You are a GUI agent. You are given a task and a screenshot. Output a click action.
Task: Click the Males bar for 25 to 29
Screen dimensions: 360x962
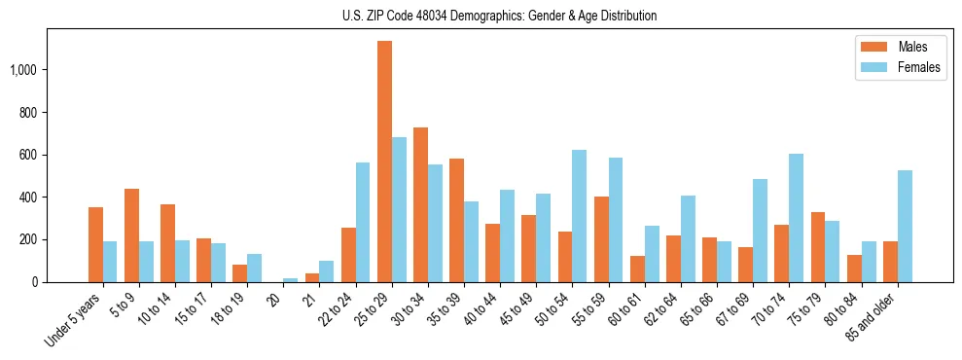pyautogui.click(x=384, y=162)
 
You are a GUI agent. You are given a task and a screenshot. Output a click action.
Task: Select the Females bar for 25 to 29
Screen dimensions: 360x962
pyautogui.click(x=399, y=209)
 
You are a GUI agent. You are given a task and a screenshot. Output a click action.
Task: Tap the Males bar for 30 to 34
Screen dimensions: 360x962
pyautogui.click(x=420, y=204)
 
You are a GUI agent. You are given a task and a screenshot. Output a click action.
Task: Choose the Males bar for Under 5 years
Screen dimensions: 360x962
pyautogui.click(x=95, y=244)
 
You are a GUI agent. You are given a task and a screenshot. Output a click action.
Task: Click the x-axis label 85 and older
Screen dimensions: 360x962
pyautogui.click(x=873, y=313)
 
